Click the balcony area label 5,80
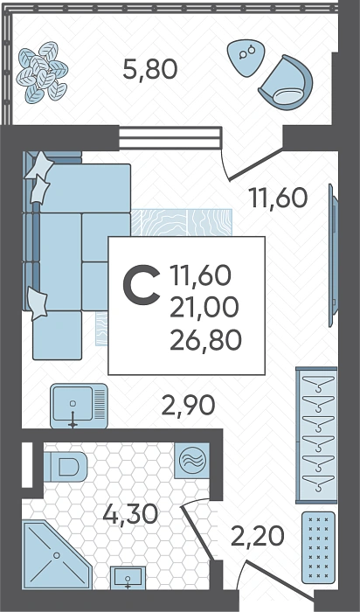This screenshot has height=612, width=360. coord(150,69)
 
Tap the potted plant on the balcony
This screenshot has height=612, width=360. coord(42,73)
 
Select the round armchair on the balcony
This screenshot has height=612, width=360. coord(286,82)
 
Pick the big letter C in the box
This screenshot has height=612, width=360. coord(142,284)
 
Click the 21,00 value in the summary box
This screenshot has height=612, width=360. coord(204,307)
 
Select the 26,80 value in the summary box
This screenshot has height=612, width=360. coord(205,339)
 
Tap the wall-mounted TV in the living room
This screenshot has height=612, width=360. coord(333,255)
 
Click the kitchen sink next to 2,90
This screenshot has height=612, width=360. coord(79,406)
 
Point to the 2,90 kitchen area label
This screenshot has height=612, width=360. coord(188,406)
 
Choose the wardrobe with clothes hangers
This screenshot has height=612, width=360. coord(316,435)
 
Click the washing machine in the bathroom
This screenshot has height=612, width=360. coord(192,461)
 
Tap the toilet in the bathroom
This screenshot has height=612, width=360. coord(66,466)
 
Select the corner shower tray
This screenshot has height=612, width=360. coord(57,554)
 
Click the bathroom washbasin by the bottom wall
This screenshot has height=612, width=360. coord(128,578)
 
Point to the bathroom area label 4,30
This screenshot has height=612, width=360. coord(130,514)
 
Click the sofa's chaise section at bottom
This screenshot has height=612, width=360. coord(58,335)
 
